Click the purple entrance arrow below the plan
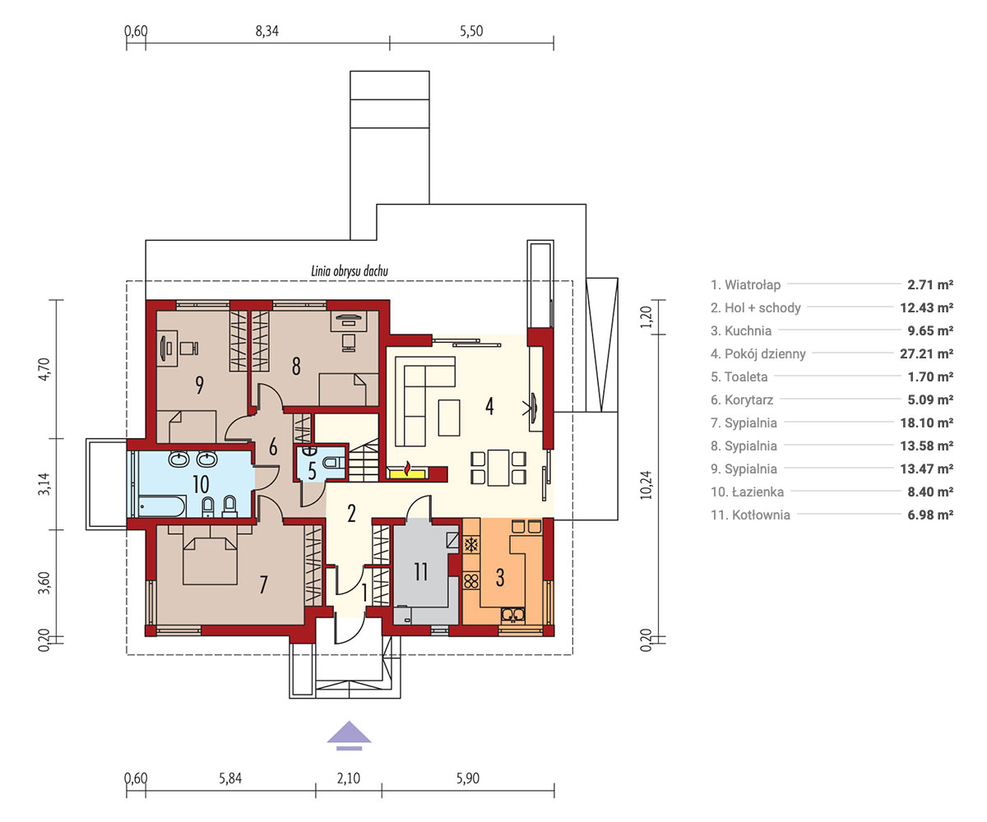coord(349,735)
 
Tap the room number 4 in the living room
coord(489,406)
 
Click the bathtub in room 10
coord(161,506)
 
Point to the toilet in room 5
coord(332,461)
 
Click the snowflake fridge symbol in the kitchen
coord(471,545)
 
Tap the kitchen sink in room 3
coord(513,615)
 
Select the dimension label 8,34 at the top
coord(267,31)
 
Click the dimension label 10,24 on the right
coord(646,485)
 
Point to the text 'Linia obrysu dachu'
coord(350,270)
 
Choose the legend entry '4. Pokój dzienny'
coord(758,353)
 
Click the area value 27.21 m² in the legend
coord(926,353)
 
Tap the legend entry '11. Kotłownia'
coord(750,515)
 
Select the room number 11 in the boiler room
coord(420,571)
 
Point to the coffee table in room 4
coord(449,418)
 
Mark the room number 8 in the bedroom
coord(296,366)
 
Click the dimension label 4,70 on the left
coord(44,369)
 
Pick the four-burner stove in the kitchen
coord(471,580)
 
